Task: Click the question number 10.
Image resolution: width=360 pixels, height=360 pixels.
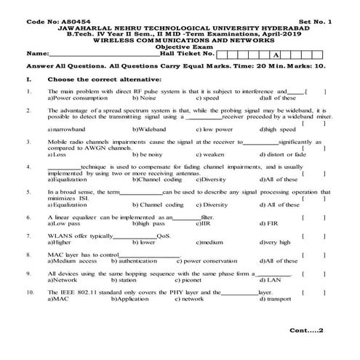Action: point(28,292)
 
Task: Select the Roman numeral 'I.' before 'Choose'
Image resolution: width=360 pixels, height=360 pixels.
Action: point(27,77)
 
